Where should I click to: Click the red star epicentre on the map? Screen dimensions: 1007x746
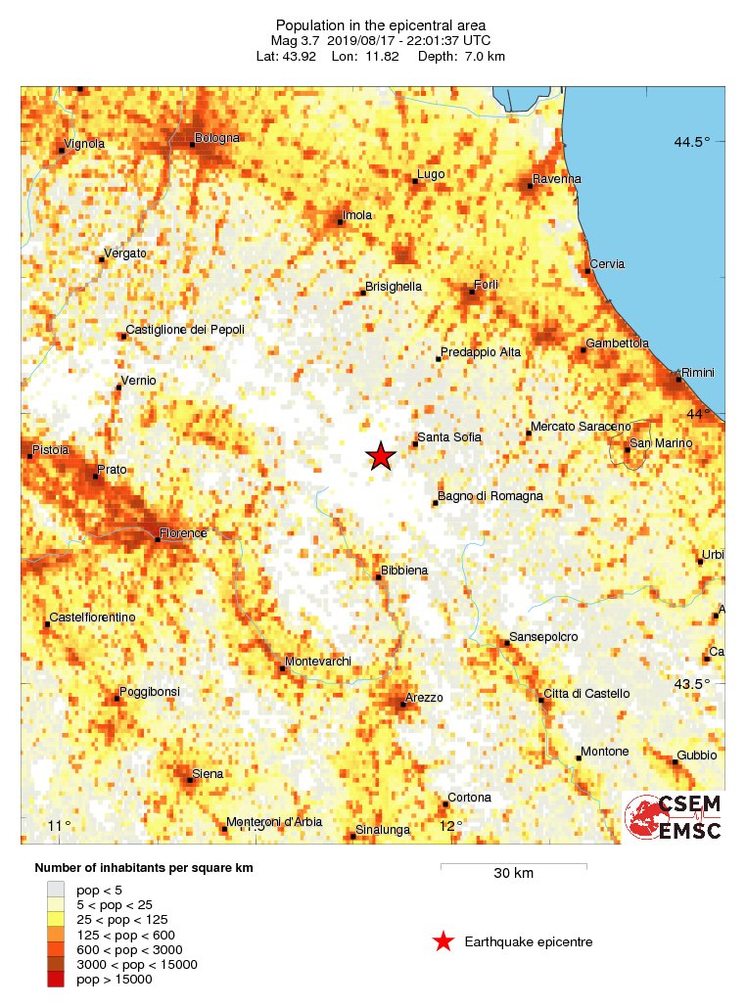381,456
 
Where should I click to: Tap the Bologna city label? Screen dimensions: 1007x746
217,138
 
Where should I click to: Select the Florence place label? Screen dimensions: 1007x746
184,533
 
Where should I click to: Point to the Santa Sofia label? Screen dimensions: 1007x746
449,437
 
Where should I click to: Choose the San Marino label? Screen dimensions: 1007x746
661,443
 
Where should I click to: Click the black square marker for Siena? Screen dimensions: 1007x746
190,780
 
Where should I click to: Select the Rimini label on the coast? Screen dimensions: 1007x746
699,373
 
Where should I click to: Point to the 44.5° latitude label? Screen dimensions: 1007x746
691,142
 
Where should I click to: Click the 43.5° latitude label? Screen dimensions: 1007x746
691,683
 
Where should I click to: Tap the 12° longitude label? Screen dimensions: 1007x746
451,826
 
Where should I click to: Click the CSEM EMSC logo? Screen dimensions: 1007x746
675,817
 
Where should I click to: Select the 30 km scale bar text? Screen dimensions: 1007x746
513,873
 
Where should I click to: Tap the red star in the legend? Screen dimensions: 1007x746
443,941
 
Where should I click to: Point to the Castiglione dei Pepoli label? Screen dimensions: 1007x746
185,330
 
